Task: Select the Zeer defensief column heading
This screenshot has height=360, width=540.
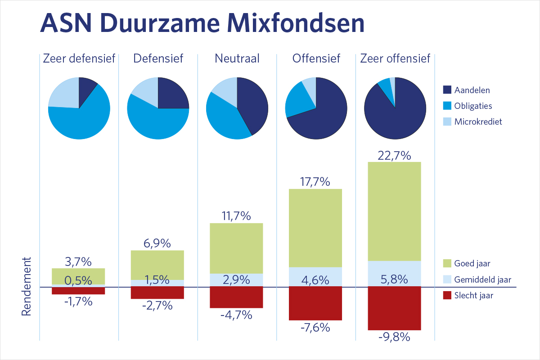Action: point(79,58)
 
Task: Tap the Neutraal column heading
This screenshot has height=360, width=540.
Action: point(237,58)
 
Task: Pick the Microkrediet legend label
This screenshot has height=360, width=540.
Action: point(478,121)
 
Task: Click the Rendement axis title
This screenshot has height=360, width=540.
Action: point(27,287)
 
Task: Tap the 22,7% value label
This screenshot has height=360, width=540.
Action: point(394,156)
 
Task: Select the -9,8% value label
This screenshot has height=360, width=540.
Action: point(394,337)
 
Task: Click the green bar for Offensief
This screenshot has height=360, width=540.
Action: point(315,228)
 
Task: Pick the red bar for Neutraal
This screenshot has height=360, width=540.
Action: point(237,297)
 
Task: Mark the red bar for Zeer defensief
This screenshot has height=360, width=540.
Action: point(78,290)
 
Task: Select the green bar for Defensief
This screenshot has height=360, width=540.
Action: point(157,265)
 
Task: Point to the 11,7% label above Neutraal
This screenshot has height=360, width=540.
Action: point(237,216)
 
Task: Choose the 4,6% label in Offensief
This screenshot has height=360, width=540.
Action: point(315,280)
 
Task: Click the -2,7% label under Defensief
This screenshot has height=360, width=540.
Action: point(157,306)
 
